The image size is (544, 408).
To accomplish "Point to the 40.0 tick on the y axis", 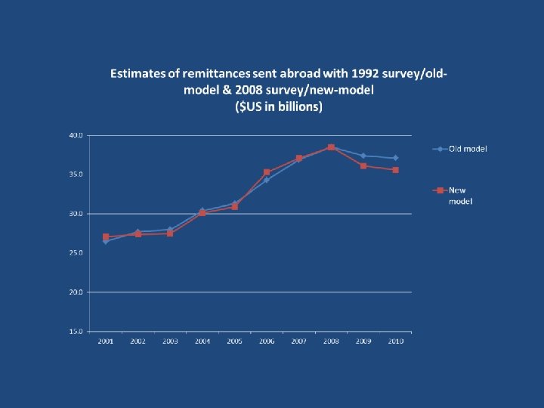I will (76, 135).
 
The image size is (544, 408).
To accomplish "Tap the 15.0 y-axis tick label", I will (76, 331).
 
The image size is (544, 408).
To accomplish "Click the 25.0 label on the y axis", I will (76, 253).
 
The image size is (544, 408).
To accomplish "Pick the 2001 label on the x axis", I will (106, 342).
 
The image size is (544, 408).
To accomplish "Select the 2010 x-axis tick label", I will (395, 342).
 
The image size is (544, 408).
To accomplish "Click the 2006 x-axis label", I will (267, 342).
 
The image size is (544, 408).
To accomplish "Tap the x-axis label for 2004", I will (202, 342).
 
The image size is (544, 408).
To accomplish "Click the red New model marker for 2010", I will (395, 170).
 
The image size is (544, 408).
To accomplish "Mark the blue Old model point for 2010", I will (395, 158).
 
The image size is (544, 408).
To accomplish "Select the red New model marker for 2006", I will (267, 172).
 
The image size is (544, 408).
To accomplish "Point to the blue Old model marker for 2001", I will (106, 242).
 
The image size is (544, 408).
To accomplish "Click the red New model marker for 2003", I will (170, 233).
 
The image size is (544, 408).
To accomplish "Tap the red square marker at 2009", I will (363, 165).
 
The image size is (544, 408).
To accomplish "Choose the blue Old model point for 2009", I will (363, 156).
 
